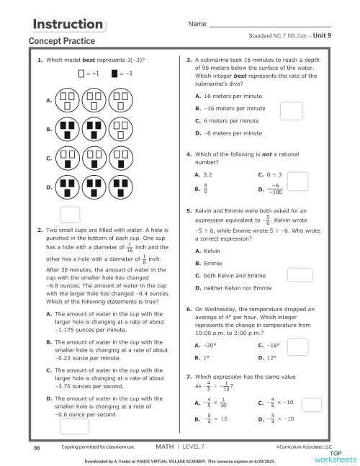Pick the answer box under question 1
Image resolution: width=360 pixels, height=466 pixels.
[70, 213]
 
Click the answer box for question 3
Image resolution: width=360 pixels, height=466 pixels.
[290, 110]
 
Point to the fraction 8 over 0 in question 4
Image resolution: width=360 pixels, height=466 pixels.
[206, 189]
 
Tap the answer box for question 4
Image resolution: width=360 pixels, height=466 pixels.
[297, 182]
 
